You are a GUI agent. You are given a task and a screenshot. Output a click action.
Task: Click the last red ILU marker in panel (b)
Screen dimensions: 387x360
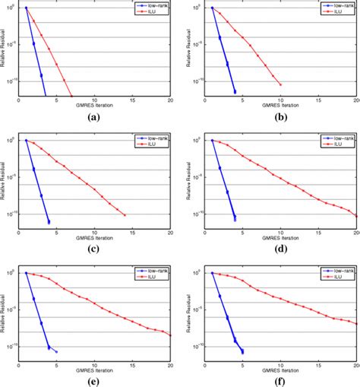[280, 84]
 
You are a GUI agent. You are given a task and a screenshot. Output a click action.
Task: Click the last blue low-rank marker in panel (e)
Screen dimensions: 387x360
[56, 351]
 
